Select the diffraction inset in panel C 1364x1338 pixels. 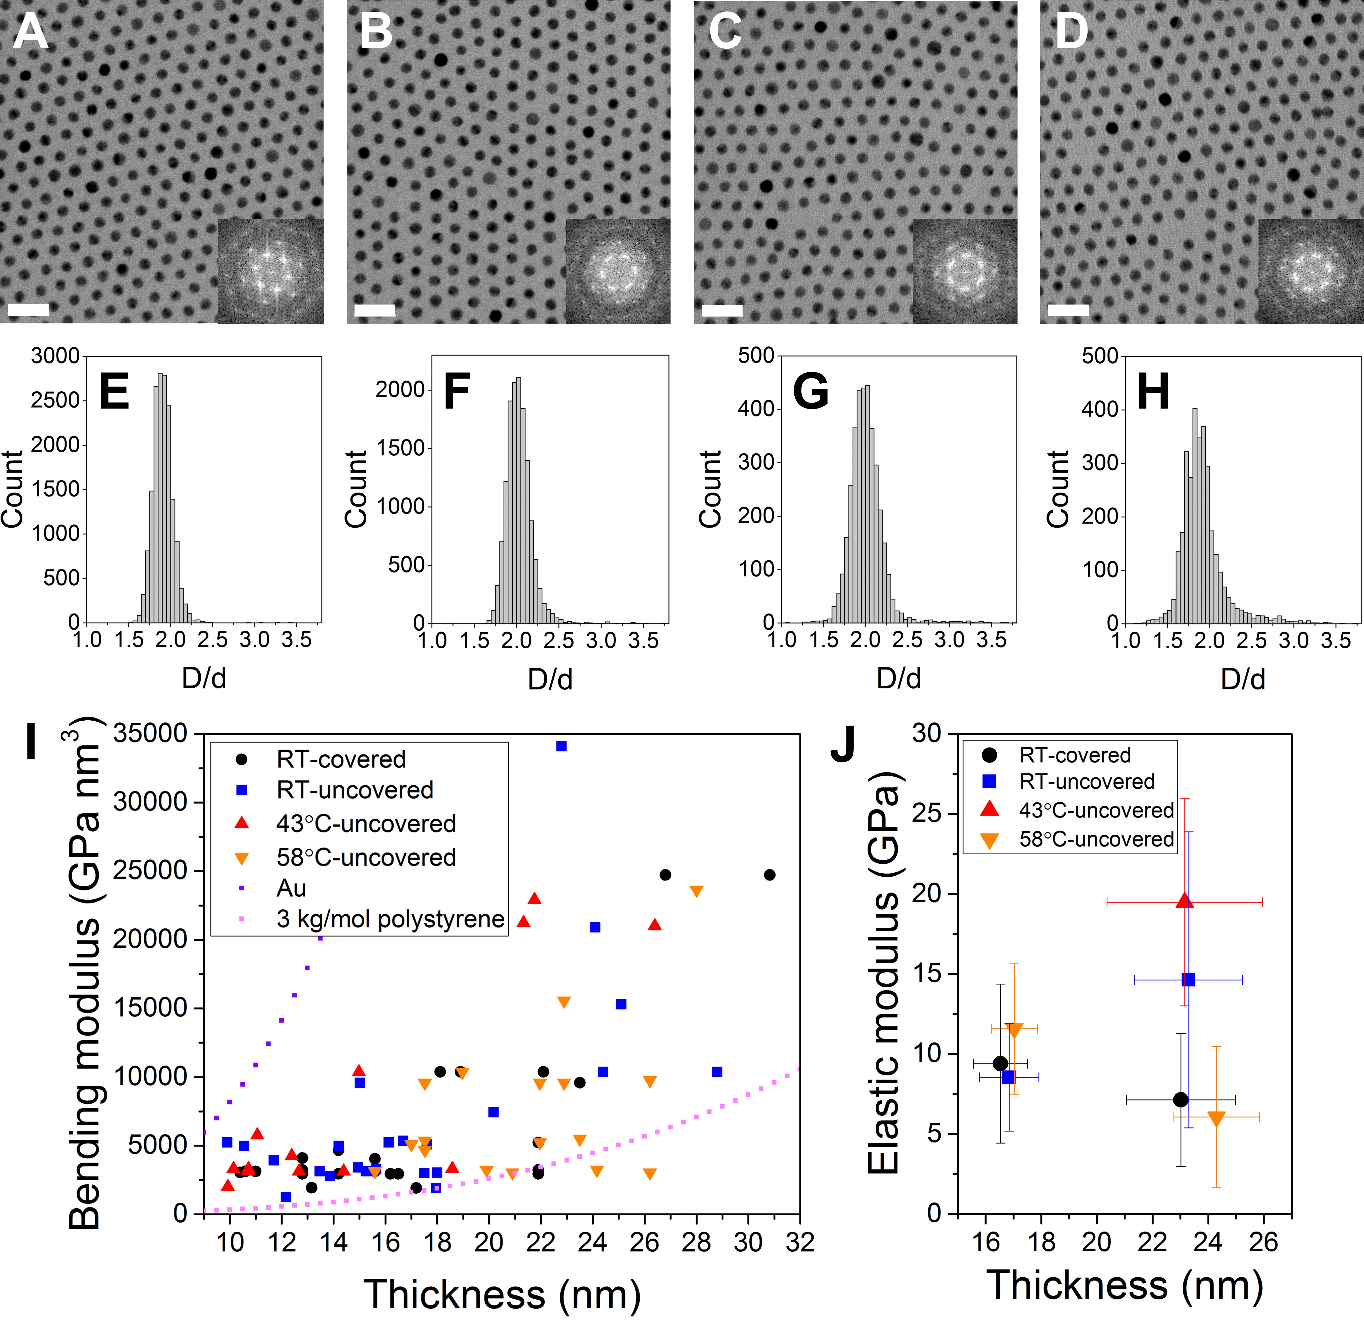[964, 271]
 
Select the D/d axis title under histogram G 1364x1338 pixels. [898, 678]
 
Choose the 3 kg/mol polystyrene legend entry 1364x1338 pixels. [390, 919]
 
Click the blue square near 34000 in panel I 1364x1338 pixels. [561, 746]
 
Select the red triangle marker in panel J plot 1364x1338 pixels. [1184, 901]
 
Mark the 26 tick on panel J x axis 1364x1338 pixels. [1263, 1243]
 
